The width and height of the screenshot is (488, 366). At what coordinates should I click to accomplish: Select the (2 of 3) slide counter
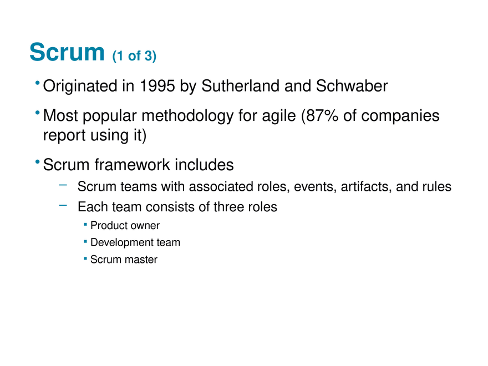pos(135,56)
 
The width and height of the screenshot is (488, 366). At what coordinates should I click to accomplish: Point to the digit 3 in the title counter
pos(149,56)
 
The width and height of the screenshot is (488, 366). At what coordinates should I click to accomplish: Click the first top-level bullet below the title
pos(37,83)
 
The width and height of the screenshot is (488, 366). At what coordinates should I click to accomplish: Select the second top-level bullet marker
pos(37,113)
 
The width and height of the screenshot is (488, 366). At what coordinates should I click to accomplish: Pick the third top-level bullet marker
pos(37,162)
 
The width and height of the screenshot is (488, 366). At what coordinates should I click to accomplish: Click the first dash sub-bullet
pos(63,185)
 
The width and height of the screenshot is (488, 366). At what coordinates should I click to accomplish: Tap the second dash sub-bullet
pos(63,205)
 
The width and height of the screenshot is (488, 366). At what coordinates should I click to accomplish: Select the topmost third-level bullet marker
pos(84,222)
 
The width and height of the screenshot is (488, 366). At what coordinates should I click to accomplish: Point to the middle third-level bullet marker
pos(84,240)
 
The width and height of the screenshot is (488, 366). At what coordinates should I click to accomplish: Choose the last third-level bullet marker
pos(84,257)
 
